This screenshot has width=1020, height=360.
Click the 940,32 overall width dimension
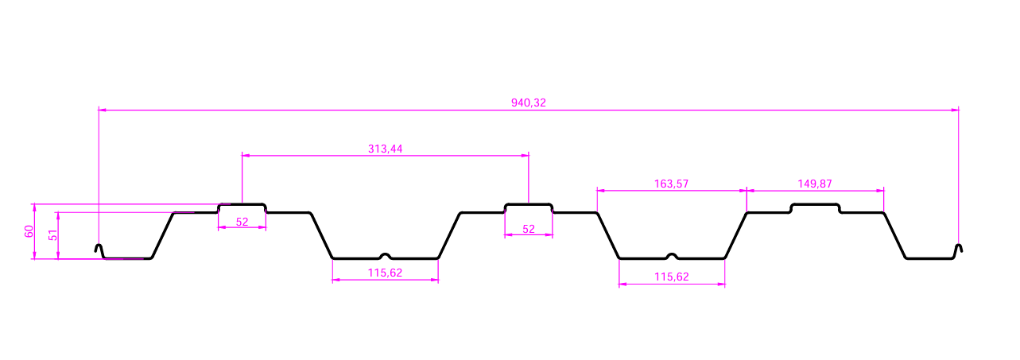[528, 103]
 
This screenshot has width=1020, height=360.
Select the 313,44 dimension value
[386, 149]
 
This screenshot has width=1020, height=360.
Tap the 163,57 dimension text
[671, 184]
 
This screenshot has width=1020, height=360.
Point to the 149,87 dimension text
[815, 184]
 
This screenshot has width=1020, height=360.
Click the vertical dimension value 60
[29, 231]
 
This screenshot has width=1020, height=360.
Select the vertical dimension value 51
[52, 235]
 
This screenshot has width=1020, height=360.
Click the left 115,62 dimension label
[386, 273]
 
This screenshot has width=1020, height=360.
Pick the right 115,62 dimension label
[672, 277]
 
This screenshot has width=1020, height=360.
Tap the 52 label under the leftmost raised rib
[242, 222]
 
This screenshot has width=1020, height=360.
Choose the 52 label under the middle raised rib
[529, 229]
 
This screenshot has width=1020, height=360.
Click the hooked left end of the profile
[99, 249]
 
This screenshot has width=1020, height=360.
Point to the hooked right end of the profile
[958, 249]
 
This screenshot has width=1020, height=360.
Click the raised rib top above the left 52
[242, 204]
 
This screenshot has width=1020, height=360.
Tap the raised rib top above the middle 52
[529, 204]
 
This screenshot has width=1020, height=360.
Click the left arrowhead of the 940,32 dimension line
[102, 110]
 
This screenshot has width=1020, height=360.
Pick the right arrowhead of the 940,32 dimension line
[955, 110]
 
